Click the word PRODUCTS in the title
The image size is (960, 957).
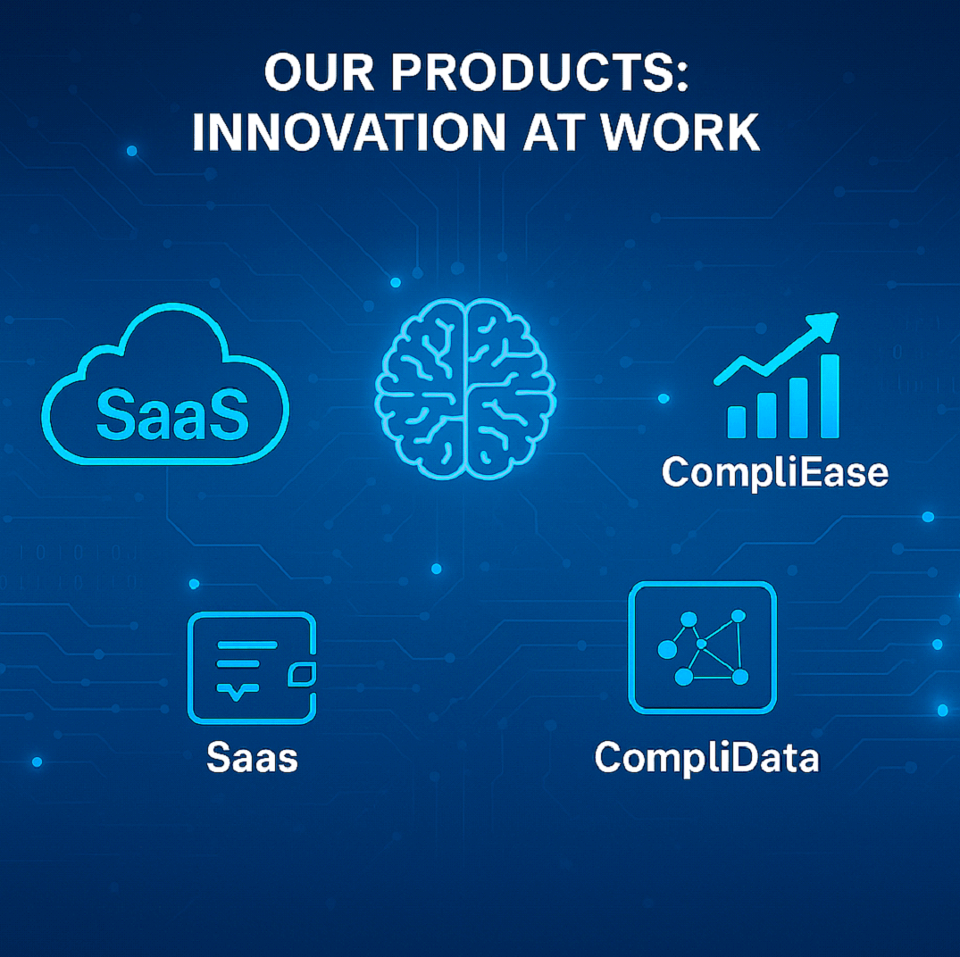[530, 72]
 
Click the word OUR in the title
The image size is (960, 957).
[319, 72]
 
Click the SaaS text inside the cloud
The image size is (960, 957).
[172, 414]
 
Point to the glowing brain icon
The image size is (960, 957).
[465, 388]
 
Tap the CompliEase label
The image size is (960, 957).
[775, 473]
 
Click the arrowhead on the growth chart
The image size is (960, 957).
[824, 325]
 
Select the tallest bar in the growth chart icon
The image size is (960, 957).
[830, 395]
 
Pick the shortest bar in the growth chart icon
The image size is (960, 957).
[737, 422]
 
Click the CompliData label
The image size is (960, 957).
[706, 758]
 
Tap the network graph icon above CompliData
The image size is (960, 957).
[702, 647]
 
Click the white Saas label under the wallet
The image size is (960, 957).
[252, 758]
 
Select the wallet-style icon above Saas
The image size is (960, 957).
[252, 668]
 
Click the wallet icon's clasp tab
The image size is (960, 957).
[302, 674]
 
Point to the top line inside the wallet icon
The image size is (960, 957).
[247, 645]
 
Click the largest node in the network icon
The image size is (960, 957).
[667, 649]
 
